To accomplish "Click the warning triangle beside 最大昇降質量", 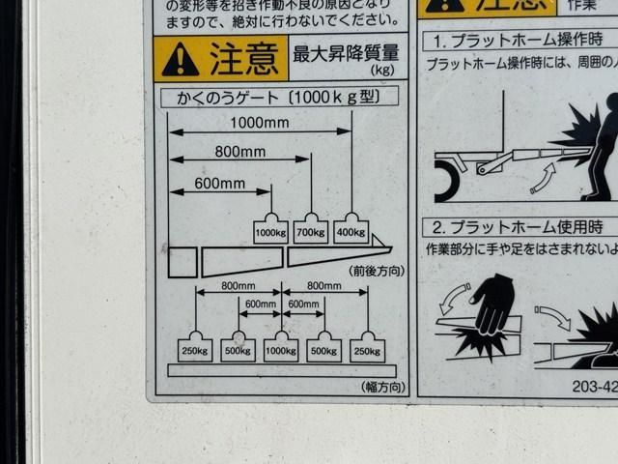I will [x=181, y=60].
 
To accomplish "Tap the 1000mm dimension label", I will [x=259, y=123].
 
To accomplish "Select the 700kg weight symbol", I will [x=311, y=230].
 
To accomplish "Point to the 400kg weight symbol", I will [x=351, y=230].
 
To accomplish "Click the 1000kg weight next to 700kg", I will [x=270, y=230].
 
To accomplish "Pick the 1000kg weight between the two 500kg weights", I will [x=281, y=348].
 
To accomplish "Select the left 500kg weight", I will [x=238, y=348].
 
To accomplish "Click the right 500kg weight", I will [x=324, y=348].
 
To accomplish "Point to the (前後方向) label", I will [x=376, y=272].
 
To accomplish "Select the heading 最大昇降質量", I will [x=346, y=53].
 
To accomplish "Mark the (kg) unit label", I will [x=383, y=71].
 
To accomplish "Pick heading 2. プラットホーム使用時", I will [x=518, y=228].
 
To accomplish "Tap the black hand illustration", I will [x=492, y=304].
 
